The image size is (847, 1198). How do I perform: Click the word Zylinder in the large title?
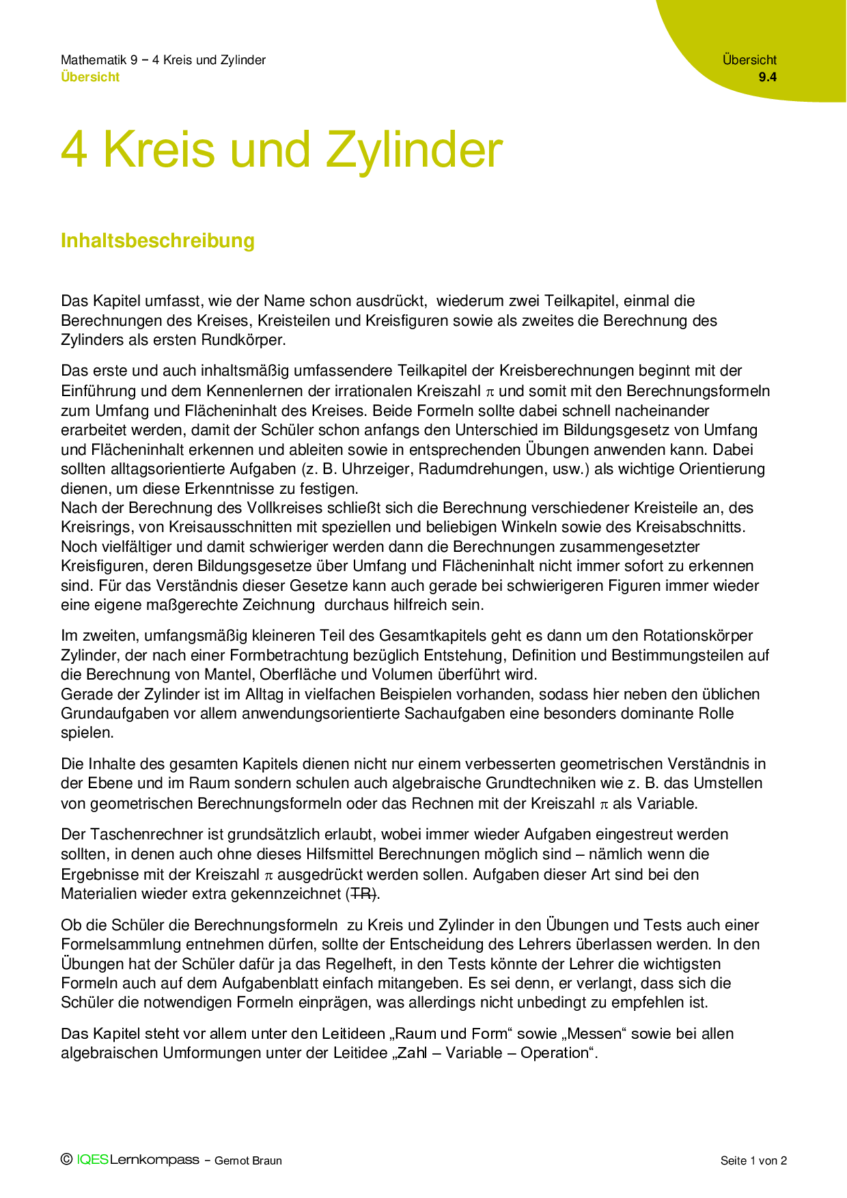coord(414,150)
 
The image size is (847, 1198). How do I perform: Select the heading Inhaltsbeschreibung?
coord(158,240)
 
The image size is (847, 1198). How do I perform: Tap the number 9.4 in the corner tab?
coord(767,77)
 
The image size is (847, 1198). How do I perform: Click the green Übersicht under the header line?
coord(90,77)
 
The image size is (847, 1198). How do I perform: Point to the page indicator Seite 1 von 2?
coord(753,1160)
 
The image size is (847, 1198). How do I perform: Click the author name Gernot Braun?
coord(248,1160)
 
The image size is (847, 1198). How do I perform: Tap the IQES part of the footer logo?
coord(92,1160)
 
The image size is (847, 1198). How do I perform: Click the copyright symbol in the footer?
coord(66,1159)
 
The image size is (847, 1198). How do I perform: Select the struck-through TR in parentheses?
coord(362,893)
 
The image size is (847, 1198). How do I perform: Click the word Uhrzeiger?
coord(377,469)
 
